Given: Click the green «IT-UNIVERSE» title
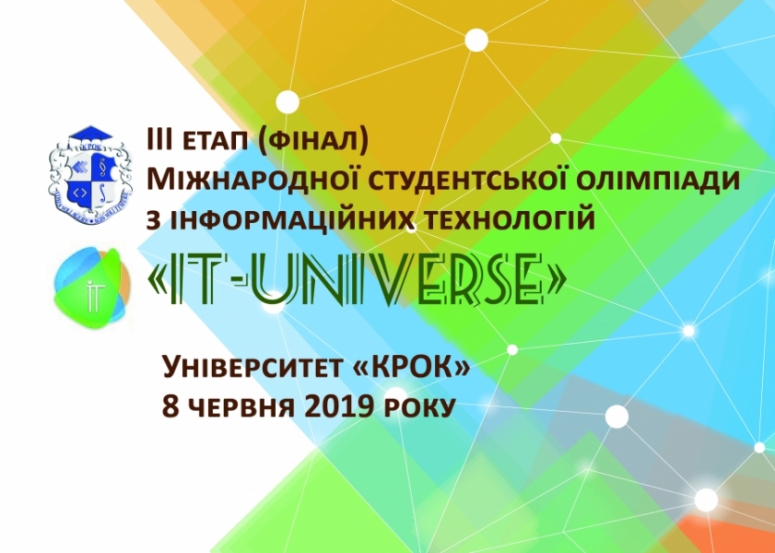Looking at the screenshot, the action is (357, 280).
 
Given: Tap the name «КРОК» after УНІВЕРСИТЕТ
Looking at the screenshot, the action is (411, 368).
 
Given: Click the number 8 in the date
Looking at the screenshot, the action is (170, 408).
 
